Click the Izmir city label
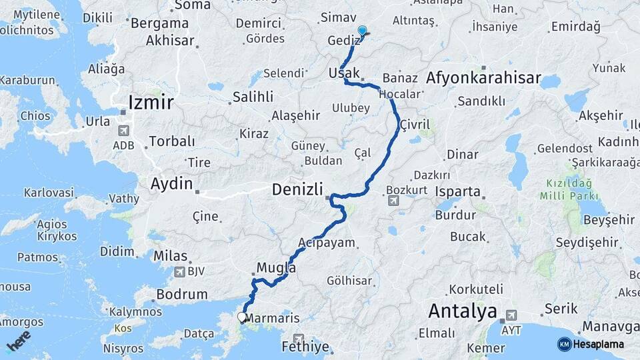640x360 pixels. [151, 103]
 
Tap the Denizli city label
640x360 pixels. [297, 190]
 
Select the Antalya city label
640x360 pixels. [463, 311]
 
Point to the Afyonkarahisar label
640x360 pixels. [483, 78]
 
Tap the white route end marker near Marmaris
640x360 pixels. [242, 317]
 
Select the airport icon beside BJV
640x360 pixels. [179, 271]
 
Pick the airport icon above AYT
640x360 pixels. [511, 315]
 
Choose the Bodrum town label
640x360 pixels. [181, 294]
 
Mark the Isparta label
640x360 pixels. [458, 192]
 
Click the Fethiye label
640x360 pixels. [305, 347]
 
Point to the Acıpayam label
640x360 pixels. [327, 243]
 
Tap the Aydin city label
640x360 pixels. [171, 183]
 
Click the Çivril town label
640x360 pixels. [415, 125]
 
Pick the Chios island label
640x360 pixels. [35, 115]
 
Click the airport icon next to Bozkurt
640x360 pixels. [393, 200]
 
